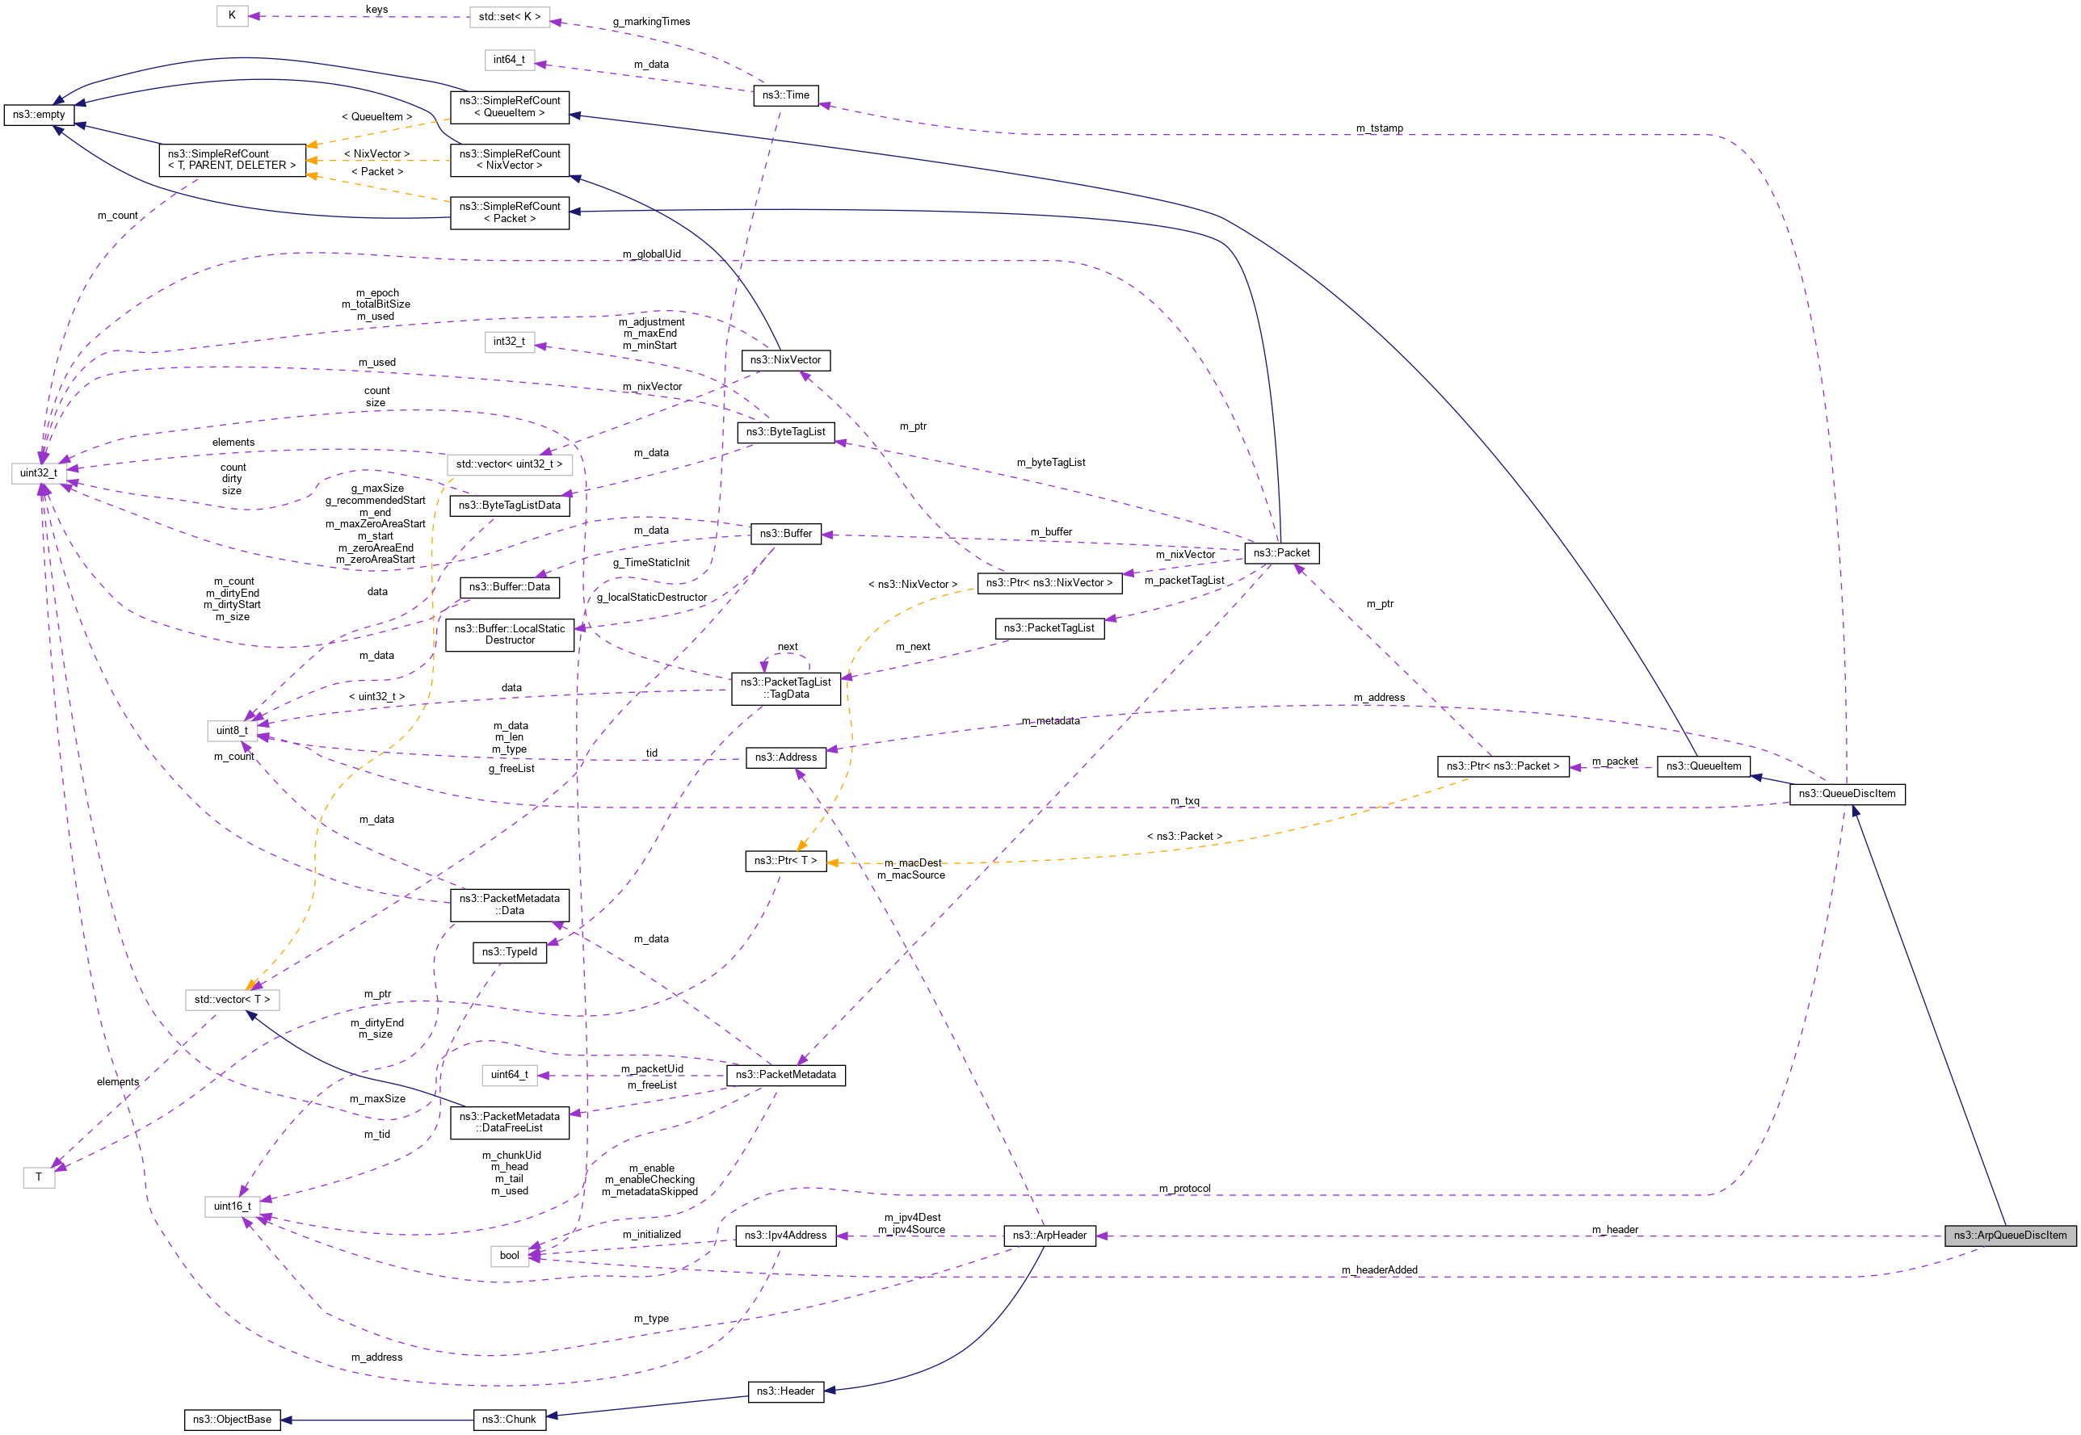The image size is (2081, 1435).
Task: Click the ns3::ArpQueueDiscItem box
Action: pos(2009,1235)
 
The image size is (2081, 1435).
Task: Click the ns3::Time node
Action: pos(785,94)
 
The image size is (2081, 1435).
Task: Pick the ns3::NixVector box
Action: pos(785,359)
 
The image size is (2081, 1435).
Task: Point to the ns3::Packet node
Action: pos(1281,552)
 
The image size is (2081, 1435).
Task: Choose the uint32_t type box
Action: pos(39,472)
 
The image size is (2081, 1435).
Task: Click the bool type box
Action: pos(509,1255)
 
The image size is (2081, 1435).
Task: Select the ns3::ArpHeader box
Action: pos(1049,1235)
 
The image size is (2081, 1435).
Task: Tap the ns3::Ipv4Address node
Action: pos(785,1235)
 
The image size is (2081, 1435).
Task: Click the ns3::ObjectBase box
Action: pos(231,1419)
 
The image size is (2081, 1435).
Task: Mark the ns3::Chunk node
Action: pos(509,1419)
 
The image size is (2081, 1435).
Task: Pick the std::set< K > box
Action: pos(509,16)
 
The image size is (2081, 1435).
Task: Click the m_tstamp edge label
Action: pos(1379,128)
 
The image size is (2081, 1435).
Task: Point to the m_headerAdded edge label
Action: pos(1379,1269)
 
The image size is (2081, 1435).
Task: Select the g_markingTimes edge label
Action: pos(651,22)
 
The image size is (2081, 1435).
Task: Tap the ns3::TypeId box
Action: pos(509,951)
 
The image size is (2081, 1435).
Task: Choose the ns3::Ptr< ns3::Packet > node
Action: pos(1502,766)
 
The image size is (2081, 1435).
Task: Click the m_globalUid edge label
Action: pos(651,254)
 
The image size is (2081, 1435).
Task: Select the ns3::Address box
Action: pos(785,757)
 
